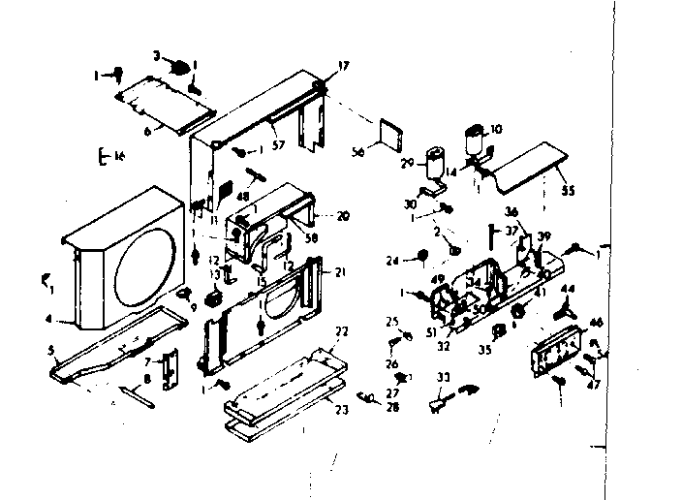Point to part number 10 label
pos(497,128)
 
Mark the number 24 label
pos(391,259)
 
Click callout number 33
pos(445,377)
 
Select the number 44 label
pos(569,290)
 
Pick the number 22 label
pos(341,332)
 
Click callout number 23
pos(341,408)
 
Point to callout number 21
pos(340,271)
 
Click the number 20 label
pos(342,215)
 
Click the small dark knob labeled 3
pos(180,67)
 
